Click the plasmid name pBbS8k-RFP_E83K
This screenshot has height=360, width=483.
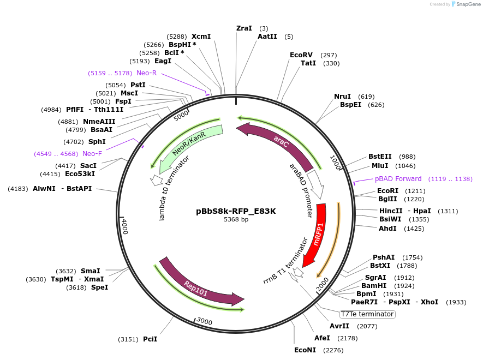click(x=236, y=211)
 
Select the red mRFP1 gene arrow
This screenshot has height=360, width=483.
click(x=315, y=235)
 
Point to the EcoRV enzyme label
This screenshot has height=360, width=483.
click(x=301, y=55)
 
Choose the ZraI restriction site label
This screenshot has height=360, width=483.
click(x=244, y=28)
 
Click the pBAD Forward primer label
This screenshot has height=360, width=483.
click(x=398, y=179)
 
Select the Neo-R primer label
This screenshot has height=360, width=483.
click(x=146, y=73)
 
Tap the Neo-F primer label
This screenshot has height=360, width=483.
click(x=92, y=154)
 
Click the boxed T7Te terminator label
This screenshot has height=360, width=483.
click(x=367, y=314)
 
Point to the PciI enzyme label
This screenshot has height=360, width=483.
click(x=150, y=339)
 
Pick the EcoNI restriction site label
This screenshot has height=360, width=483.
click(x=305, y=350)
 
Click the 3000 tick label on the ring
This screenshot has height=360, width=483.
click(x=204, y=321)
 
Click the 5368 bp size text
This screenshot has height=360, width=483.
click(x=236, y=220)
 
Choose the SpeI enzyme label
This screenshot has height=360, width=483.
click(x=99, y=287)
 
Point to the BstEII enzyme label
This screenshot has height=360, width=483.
click(x=380, y=157)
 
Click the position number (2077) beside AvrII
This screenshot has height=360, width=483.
click(x=367, y=326)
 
